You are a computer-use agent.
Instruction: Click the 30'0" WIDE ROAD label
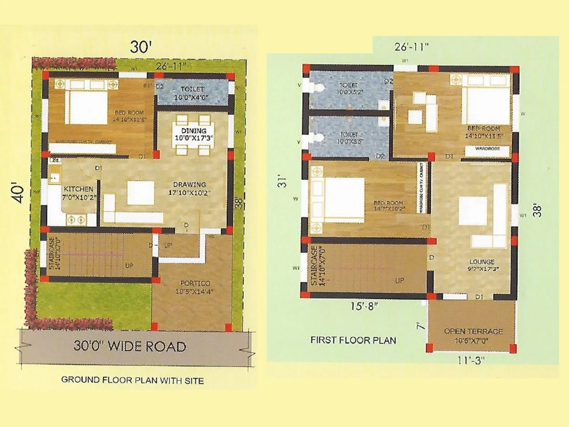click(x=130, y=346)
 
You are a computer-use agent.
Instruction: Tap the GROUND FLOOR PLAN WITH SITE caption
click(x=132, y=380)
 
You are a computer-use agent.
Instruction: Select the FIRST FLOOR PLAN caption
click(x=353, y=340)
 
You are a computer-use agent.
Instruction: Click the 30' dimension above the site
click(x=140, y=47)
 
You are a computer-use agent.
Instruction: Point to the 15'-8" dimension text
click(x=364, y=306)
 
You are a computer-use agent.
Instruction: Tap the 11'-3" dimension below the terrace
click(x=470, y=360)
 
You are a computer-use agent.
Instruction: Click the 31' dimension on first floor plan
click(x=282, y=181)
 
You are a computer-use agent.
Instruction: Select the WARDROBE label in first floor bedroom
click(x=487, y=149)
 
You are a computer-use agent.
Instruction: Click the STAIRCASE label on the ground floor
click(x=52, y=253)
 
